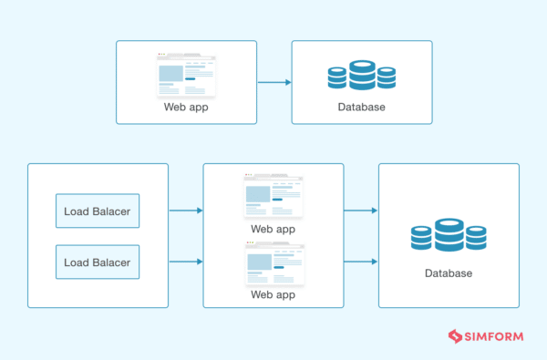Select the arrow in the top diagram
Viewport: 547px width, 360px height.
(x=273, y=82)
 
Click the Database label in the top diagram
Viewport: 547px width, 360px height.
(x=362, y=108)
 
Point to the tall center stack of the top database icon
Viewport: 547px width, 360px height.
(x=362, y=75)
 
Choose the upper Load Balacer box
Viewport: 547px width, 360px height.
(x=98, y=211)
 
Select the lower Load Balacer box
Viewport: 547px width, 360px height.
(x=98, y=262)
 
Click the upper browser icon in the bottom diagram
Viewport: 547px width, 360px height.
(x=273, y=195)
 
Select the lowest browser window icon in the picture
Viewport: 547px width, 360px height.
(x=273, y=265)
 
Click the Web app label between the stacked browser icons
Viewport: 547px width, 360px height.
(x=273, y=230)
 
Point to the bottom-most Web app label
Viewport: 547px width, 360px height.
(x=273, y=295)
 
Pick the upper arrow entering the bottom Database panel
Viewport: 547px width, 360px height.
(x=360, y=211)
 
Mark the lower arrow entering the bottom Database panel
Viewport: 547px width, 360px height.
(x=360, y=262)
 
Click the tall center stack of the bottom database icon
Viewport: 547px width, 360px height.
(x=449, y=235)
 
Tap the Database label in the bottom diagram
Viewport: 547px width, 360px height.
(x=449, y=273)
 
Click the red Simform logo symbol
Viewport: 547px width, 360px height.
(x=455, y=336)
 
